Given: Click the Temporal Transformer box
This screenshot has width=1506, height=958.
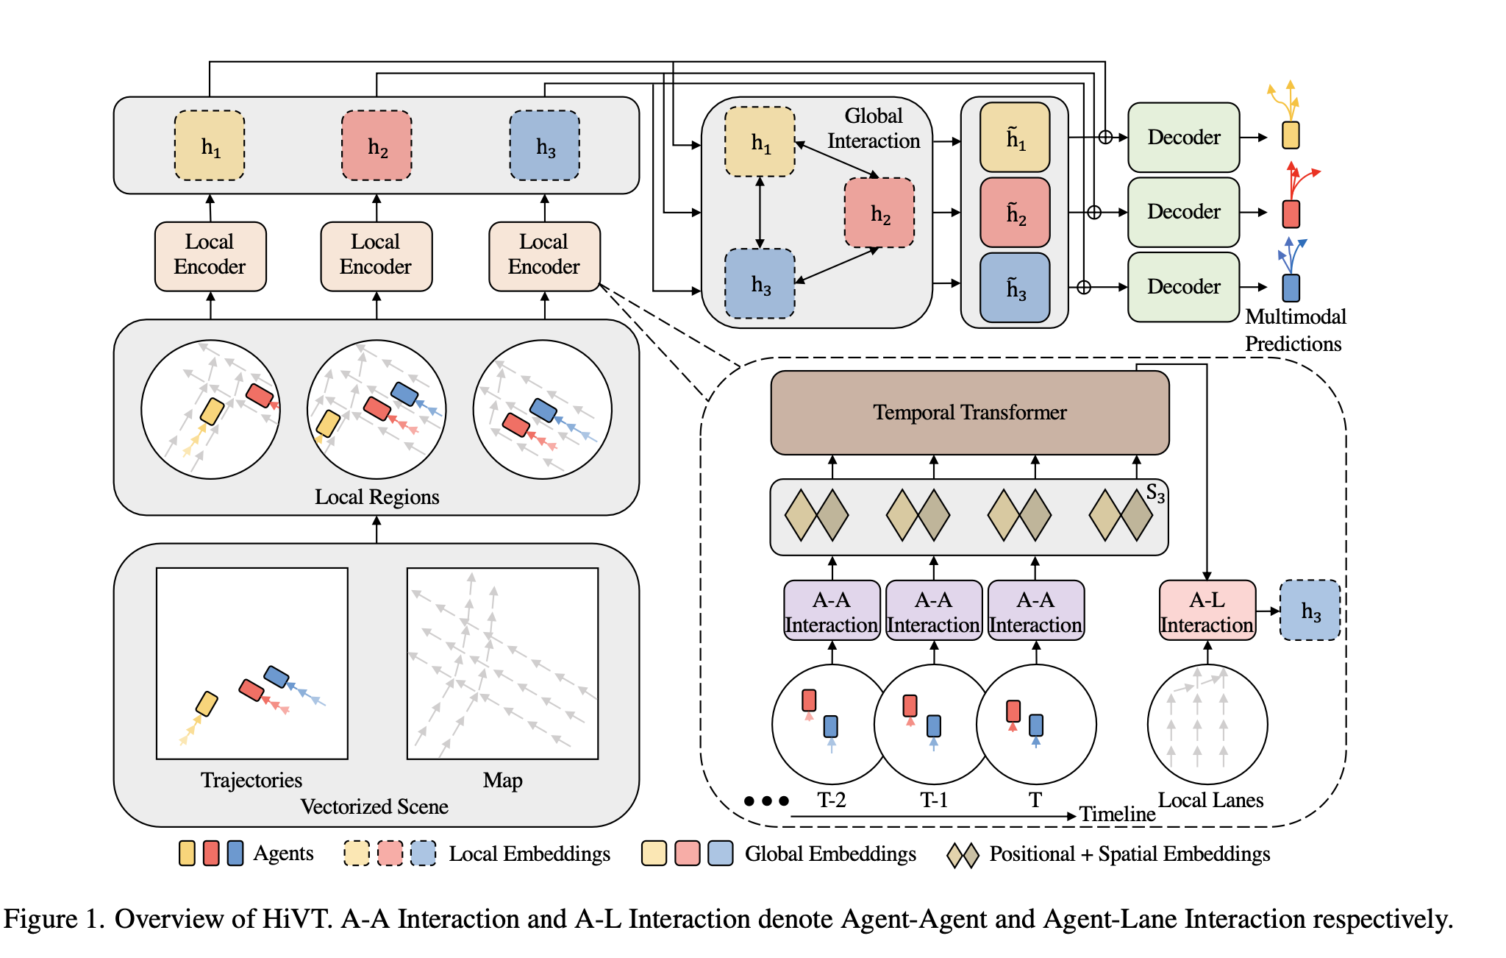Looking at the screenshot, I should click(969, 413).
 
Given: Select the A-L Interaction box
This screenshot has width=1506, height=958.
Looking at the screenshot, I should click(1207, 611).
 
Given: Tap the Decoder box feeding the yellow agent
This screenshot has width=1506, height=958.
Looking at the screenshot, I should click(1183, 138).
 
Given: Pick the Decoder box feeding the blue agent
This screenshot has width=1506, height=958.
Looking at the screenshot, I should click(1183, 287).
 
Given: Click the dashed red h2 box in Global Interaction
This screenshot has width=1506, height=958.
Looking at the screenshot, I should click(879, 213).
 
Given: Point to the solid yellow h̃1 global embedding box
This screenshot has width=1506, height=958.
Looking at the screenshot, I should click(1015, 138).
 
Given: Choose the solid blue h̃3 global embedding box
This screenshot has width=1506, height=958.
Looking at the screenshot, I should click(1015, 288).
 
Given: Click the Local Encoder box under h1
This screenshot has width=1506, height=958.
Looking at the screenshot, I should click(210, 256).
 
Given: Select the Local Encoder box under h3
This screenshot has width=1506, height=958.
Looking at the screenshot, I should click(544, 256).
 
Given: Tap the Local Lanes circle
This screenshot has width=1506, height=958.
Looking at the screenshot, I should click(1207, 725).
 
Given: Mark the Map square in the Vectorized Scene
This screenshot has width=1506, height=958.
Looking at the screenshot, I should click(503, 663).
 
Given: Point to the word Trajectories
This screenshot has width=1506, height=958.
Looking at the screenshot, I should click(251, 780).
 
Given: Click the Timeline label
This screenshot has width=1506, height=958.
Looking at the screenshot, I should click(1117, 815).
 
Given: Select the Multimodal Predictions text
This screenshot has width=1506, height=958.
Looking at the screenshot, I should click(1294, 330).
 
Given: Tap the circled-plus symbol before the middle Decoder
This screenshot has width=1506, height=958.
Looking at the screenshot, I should click(1094, 213).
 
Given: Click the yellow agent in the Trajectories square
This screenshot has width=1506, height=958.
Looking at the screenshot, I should click(207, 704).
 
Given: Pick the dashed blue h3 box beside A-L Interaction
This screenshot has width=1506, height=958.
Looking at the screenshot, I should click(1310, 611).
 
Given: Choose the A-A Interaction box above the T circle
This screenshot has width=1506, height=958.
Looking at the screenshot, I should click(1035, 611).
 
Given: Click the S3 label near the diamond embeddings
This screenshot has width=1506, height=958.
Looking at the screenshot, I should click(1155, 494).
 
